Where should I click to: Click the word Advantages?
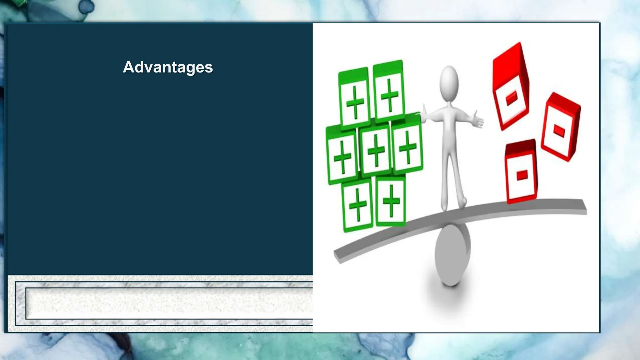pos(168,67)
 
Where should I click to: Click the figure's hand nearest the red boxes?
pos(477,120)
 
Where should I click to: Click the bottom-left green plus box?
pos(357,205)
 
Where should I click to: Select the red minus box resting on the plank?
pos(521,173)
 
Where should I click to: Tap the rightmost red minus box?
pos(561,128)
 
